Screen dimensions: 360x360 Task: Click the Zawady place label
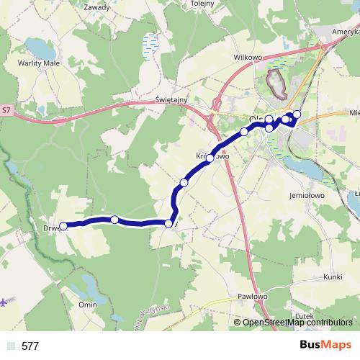97,7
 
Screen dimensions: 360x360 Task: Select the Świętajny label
171,102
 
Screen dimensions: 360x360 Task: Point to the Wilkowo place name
246,55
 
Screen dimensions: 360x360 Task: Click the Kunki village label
333,276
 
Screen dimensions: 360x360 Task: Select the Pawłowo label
252,296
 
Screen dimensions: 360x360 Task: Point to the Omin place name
88,305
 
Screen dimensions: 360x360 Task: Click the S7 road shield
6,110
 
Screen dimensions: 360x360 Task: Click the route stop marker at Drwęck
63,226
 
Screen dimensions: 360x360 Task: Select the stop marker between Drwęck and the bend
114,220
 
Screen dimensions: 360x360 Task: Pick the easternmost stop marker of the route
297,114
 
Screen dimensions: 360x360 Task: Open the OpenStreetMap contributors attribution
297,323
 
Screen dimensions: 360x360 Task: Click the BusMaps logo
326,345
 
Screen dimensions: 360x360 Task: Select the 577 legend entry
30,346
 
